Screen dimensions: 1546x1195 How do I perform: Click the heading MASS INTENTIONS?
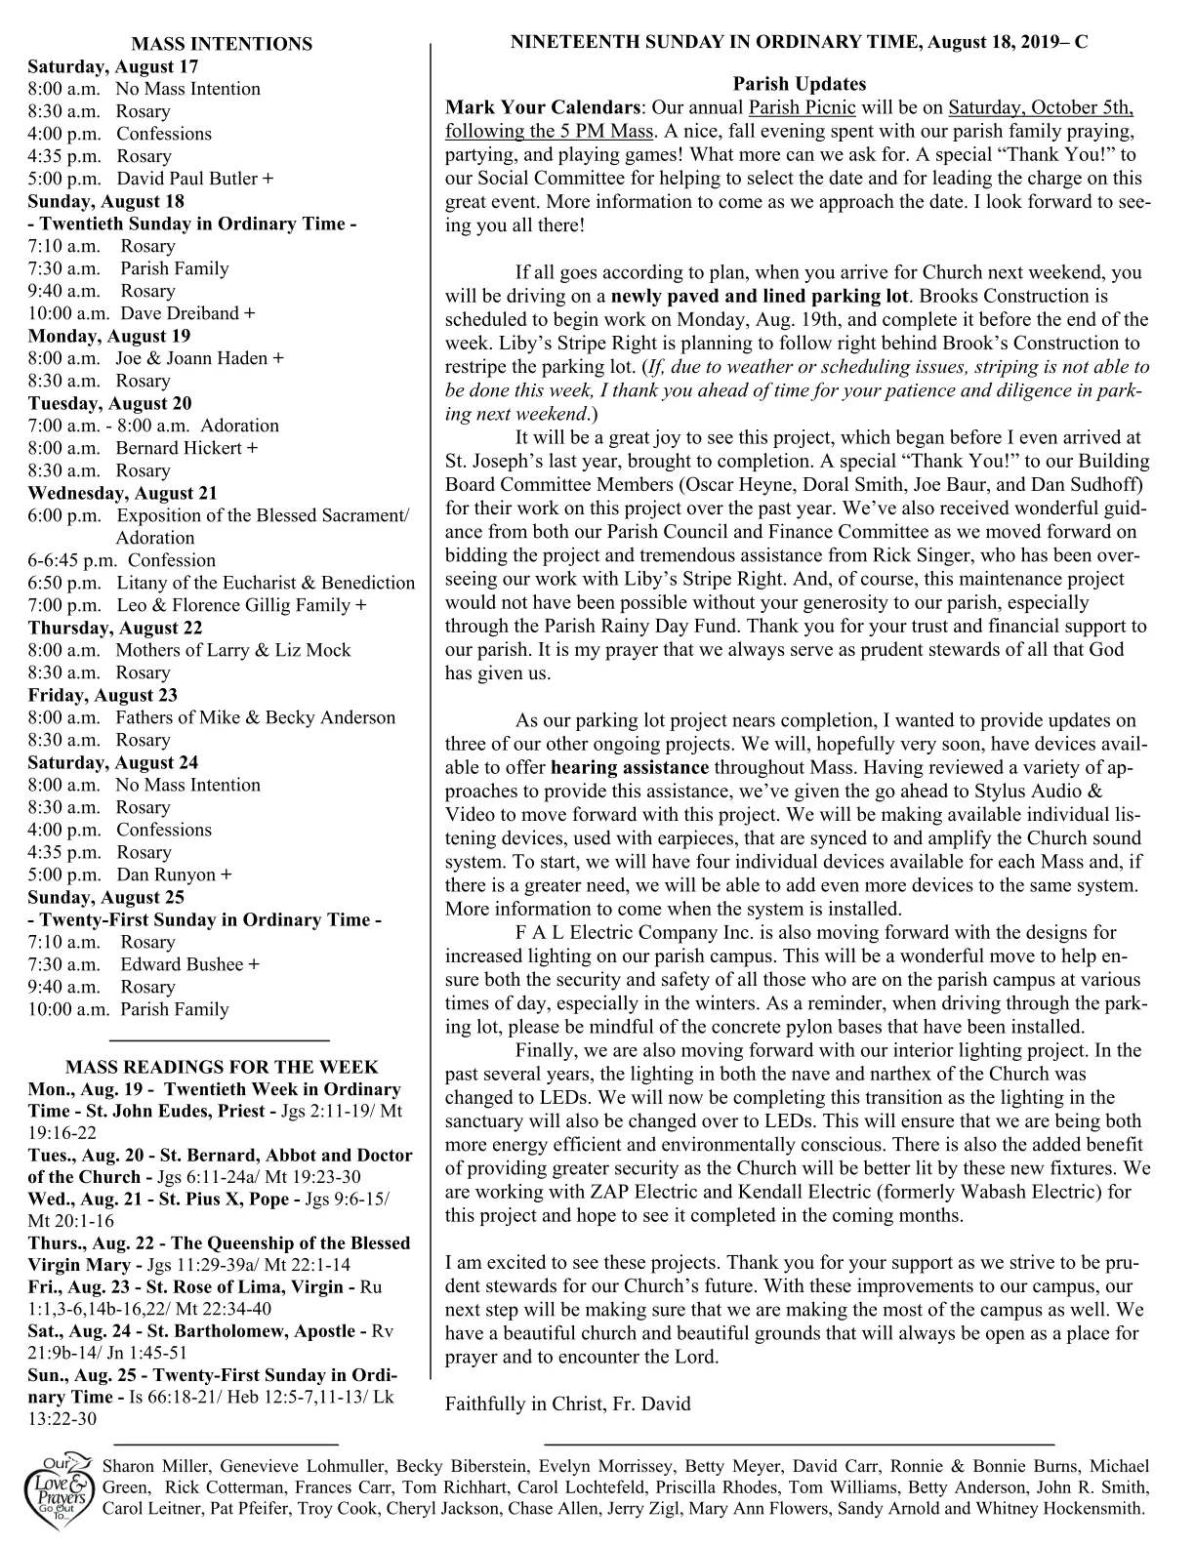(222, 44)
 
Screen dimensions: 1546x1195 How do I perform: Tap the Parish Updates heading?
(799, 84)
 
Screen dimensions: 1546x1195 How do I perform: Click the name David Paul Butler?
(187, 179)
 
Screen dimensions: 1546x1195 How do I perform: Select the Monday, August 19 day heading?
(108, 336)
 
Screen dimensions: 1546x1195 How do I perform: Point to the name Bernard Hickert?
(178, 448)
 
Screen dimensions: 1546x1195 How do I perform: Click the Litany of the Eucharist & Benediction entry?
(266, 583)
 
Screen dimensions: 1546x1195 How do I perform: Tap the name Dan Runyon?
(167, 875)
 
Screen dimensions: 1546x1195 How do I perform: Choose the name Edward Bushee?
(182, 964)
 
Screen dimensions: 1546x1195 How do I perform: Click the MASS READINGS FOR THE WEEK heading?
(222, 1067)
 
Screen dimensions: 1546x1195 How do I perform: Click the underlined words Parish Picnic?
(802, 107)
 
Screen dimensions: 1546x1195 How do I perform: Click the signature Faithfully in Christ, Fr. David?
(567, 1404)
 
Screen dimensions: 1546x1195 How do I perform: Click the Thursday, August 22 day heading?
(114, 628)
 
